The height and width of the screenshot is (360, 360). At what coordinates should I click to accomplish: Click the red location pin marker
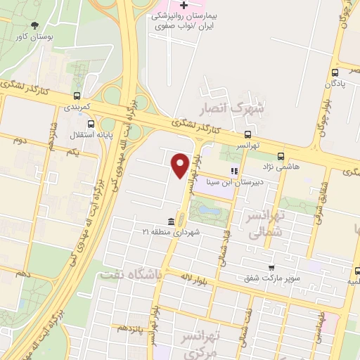[x=180, y=166]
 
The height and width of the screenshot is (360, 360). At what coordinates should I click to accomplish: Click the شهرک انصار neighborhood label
[x=240, y=108]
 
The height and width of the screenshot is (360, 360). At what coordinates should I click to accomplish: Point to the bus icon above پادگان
[x=335, y=72]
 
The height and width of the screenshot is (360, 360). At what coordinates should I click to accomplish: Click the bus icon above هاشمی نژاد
[x=281, y=156]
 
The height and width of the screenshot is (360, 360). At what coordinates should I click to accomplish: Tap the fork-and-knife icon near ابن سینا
[x=234, y=170]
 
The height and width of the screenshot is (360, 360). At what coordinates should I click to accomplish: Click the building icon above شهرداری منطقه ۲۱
[x=172, y=222]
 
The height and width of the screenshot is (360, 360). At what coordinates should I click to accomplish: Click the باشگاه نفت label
[x=130, y=275]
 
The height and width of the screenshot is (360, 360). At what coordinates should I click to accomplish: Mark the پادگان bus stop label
[x=335, y=84]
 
